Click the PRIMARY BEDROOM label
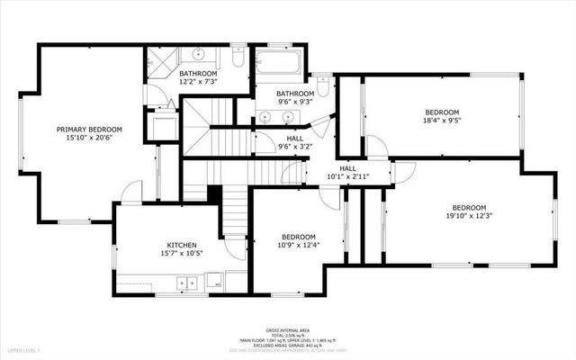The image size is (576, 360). click(x=89, y=130)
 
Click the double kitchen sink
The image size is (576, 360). click(x=188, y=282)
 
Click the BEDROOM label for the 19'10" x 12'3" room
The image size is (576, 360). click(x=469, y=207)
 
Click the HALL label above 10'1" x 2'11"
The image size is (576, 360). click(x=348, y=168)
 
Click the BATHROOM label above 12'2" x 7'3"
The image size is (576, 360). click(x=198, y=73)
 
